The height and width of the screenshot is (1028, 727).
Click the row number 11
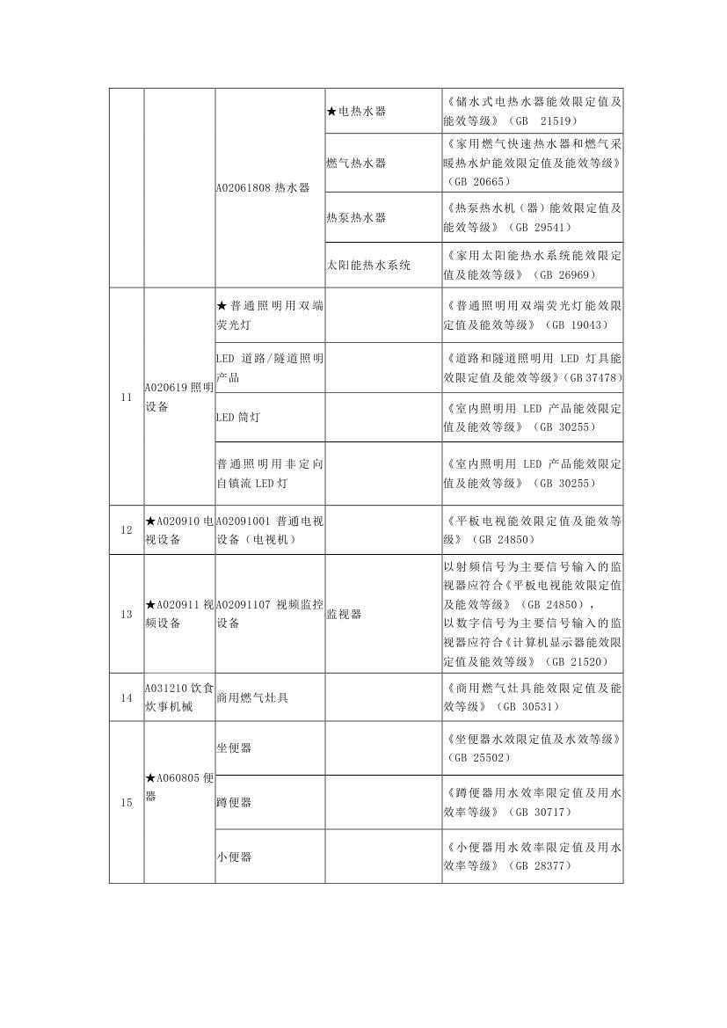(x=127, y=397)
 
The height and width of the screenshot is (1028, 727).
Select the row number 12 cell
(x=127, y=530)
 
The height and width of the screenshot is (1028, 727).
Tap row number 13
(x=127, y=614)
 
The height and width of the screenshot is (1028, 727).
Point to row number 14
(x=127, y=697)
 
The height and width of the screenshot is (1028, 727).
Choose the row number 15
(x=127, y=802)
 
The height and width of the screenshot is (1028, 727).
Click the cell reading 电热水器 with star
(x=357, y=112)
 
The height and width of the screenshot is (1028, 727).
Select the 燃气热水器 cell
(x=356, y=163)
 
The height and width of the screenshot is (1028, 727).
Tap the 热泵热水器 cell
(x=356, y=217)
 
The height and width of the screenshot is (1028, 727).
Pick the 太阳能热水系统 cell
(x=368, y=265)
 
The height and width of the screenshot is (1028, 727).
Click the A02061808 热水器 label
(x=263, y=187)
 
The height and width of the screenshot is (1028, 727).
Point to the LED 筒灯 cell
(x=238, y=417)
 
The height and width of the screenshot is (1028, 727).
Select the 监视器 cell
(x=344, y=614)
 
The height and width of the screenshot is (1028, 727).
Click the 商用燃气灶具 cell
(x=251, y=697)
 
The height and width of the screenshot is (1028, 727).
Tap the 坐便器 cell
(x=234, y=748)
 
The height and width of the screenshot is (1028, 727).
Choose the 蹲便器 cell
(x=234, y=802)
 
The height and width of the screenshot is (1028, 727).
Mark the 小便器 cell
(x=234, y=856)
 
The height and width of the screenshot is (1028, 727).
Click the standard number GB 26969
(x=570, y=274)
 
